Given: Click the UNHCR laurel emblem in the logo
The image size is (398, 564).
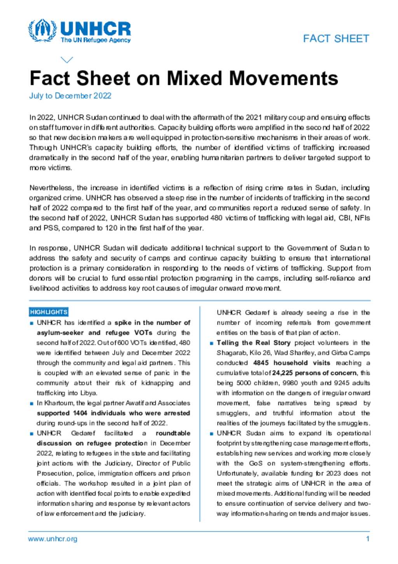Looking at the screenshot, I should point(42,30).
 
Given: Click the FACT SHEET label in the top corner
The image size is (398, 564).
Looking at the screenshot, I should point(336,39).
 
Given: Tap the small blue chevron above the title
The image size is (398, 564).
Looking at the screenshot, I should point(67,60).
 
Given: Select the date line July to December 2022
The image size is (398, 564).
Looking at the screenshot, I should point(70,96).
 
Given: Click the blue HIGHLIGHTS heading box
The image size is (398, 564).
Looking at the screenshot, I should point(49,312).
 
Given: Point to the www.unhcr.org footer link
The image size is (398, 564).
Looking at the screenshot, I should point(52,539).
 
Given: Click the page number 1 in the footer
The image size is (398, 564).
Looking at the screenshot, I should point(368,539).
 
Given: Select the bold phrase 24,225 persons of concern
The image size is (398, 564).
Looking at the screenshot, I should point(314,373).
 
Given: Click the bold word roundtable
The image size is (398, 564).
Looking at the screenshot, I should point(173,433).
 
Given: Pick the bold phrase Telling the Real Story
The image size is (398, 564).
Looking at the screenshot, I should point(253,343).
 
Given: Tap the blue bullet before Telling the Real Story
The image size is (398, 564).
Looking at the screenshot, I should point(211,343).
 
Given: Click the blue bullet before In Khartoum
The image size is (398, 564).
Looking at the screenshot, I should point(31,404).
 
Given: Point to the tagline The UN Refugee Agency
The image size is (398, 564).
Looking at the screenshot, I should point(96,40).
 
